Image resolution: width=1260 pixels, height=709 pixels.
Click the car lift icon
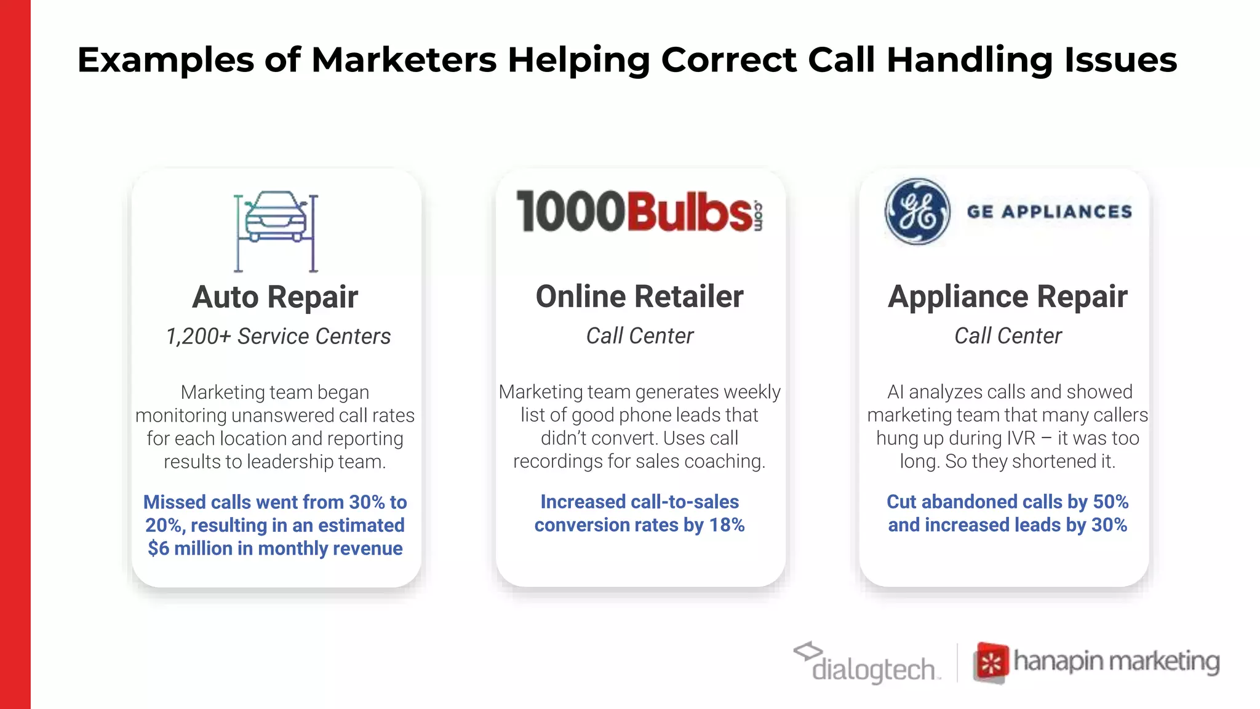(276, 231)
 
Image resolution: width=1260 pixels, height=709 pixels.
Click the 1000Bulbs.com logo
(640, 212)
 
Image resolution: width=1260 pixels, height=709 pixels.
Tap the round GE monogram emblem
(917, 212)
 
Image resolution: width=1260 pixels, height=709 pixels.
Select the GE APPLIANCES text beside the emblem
(1049, 212)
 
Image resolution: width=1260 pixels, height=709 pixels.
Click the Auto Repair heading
(275, 297)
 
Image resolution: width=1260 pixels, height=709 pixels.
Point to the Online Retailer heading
(639, 297)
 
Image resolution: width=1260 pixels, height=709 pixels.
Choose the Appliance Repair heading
(1007, 297)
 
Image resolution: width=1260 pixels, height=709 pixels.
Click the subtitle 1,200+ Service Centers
(278, 337)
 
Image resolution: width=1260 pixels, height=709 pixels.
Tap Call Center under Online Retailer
(639, 336)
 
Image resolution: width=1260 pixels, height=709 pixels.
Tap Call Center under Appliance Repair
(1007, 336)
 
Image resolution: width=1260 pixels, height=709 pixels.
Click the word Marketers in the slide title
(404, 60)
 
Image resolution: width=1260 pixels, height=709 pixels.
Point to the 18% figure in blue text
(727, 525)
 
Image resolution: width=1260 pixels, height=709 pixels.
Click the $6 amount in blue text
(158, 548)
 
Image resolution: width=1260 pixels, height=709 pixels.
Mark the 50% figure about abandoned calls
(1110, 502)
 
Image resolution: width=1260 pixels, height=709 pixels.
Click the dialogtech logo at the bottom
(867, 663)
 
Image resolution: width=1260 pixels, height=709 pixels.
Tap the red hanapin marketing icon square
(991, 663)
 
